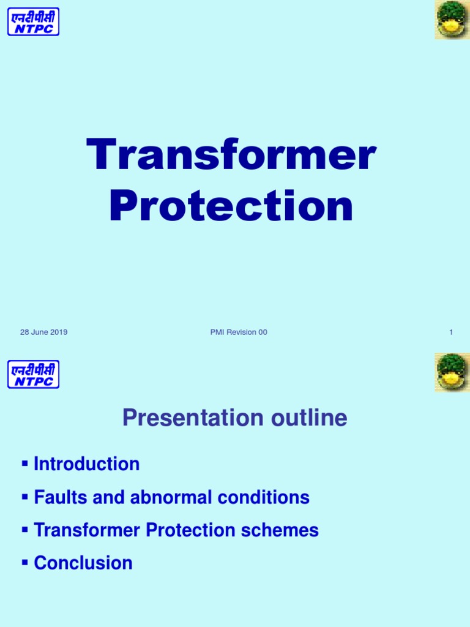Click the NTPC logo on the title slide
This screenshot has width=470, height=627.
pyautogui.click(x=33, y=21)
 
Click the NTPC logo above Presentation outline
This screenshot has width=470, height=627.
pyautogui.click(x=33, y=374)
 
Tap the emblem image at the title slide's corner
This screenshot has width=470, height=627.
pyautogui.click(x=452, y=20)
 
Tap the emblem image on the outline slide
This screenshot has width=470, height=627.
pyautogui.click(x=452, y=372)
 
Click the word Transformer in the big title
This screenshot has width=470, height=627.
pyautogui.click(x=231, y=156)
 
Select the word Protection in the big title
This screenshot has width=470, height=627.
pyautogui.click(x=231, y=206)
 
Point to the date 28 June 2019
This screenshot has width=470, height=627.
pyautogui.click(x=43, y=332)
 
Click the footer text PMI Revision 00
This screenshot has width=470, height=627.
pyautogui.click(x=238, y=332)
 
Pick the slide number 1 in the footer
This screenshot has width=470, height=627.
pyautogui.click(x=450, y=332)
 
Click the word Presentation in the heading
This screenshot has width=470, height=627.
pyautogui.click(x=180, y=418)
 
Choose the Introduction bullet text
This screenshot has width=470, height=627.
pyautogui.click(x=86, y=464)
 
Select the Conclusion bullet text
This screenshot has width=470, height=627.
pyautogui.click(x=83, y=563)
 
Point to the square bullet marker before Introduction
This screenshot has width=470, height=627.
pyautogui.click(x=25, y=463)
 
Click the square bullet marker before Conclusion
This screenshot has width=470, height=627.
pyautogui.click(x=25, y=561)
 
